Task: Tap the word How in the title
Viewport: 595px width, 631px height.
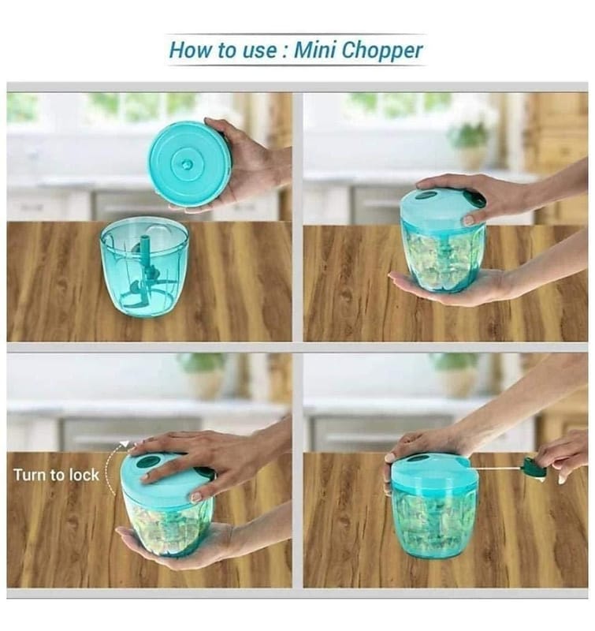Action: (x=188, y=51)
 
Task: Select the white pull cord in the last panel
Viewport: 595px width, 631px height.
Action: (x=501, y=470)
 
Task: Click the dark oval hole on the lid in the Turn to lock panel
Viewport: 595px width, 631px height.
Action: (x=147, y=462)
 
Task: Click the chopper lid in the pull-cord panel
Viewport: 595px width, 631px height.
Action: (x=434, y=471)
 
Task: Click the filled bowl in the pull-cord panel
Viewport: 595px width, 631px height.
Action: (x=434, y=521)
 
